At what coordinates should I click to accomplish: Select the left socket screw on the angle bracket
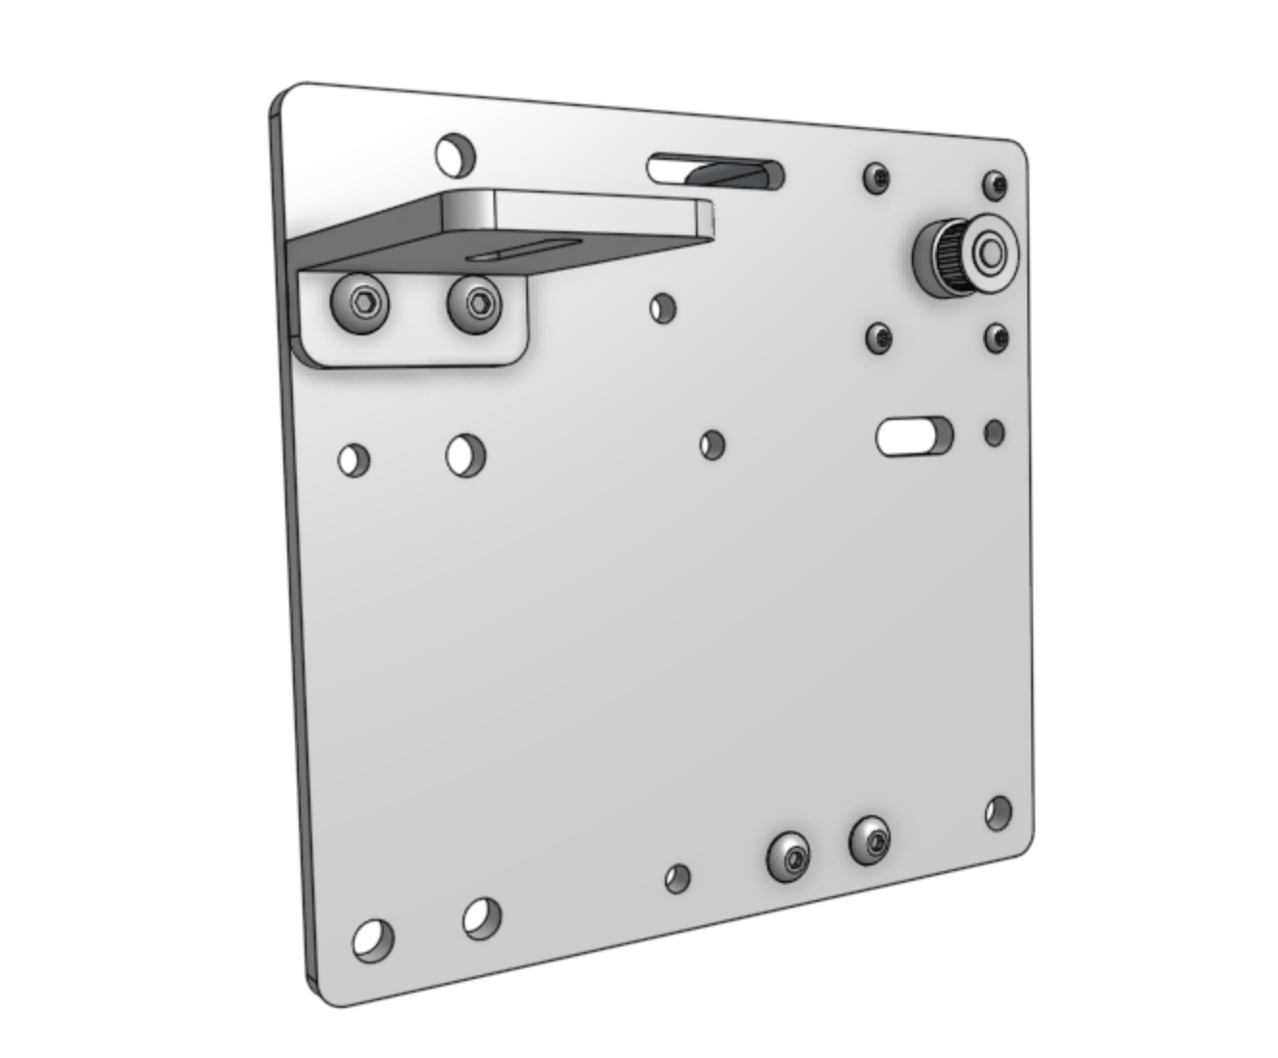(x=359, y=303)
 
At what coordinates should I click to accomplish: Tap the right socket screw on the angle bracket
(x=476, y=304)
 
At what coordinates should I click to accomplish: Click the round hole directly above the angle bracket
(x=454, y=153)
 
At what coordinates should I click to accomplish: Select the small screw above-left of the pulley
(x=876, y=177)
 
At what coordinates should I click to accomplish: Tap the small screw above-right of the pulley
(x=995, y=183)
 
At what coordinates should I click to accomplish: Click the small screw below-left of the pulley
(x=879, y=337)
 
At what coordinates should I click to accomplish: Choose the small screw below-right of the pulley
(x=996, y=338)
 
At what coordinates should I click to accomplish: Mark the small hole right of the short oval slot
(x=995, y=433)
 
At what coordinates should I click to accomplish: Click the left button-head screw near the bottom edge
(x=788, y=856)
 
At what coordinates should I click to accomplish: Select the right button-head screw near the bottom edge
(x=869, y=841)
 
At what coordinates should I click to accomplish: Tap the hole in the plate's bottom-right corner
(x=999, y=812)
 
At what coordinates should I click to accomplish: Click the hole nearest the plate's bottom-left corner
(x=373, y=939)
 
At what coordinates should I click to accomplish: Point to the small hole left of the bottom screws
(x=678, y=878)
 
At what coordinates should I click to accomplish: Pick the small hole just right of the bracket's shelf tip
(x=662, y=308)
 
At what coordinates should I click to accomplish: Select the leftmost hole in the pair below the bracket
(x=354, y=460)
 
